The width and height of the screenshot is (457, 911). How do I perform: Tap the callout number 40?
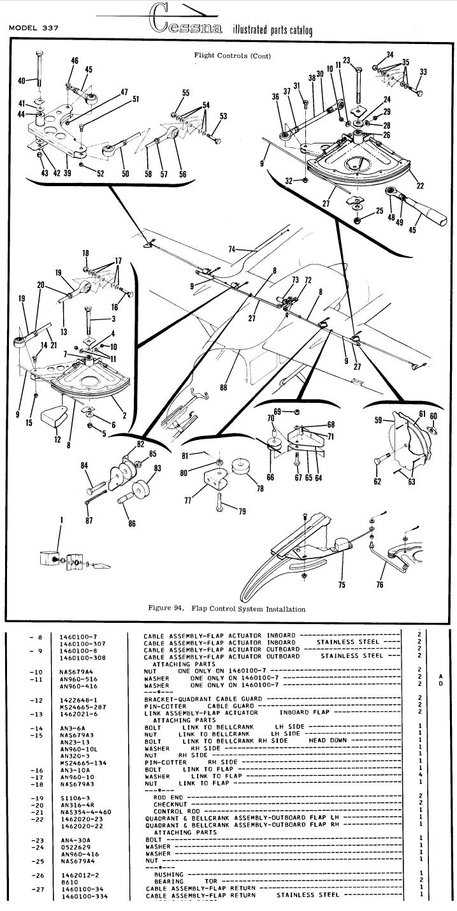click(21, 81)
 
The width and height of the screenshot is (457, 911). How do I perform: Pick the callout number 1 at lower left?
click(62, 520)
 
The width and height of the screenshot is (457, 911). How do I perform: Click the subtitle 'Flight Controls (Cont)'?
click(232, 55)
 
